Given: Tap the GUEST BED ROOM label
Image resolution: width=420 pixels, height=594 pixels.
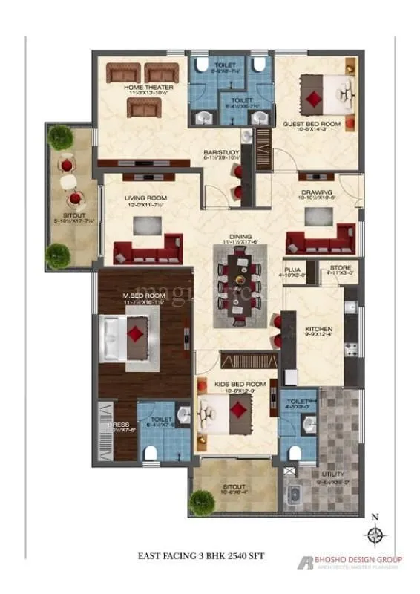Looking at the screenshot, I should [311, 124].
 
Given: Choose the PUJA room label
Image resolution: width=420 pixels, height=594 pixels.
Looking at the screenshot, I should [292, 270].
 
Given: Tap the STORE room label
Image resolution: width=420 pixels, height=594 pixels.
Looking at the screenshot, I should [326, 270].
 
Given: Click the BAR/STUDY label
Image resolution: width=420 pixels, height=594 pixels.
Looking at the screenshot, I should [222, 154].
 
